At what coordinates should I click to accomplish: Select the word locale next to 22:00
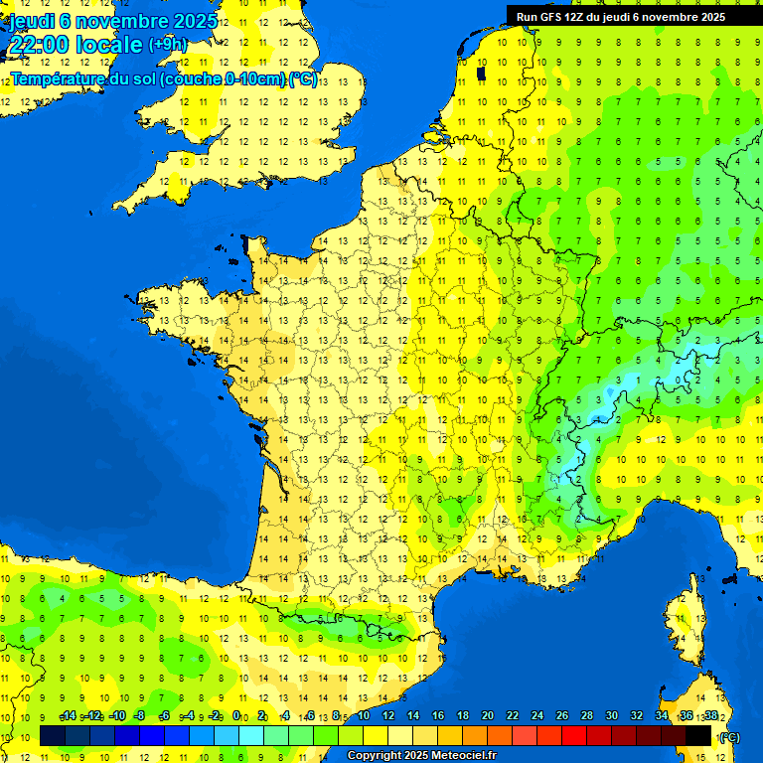pos(110,45)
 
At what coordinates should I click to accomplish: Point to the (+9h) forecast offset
pos(167,44)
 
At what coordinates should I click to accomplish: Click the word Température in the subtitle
pos(59,79)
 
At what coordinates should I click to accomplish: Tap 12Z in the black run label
pos(569,17)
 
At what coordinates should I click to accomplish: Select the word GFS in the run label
pos(541,17)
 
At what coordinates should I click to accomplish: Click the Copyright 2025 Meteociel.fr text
pos(421,756)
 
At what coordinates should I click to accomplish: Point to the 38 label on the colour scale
pos(711,715)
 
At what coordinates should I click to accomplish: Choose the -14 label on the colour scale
pos(68,715)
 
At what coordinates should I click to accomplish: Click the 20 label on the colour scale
pos(488,715)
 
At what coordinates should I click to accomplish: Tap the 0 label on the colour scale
pos(236,715)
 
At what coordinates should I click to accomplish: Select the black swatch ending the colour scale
pos(698,735)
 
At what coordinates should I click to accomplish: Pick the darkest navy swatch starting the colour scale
pos(52,735)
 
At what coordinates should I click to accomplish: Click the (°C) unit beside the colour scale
pos(729,736)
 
